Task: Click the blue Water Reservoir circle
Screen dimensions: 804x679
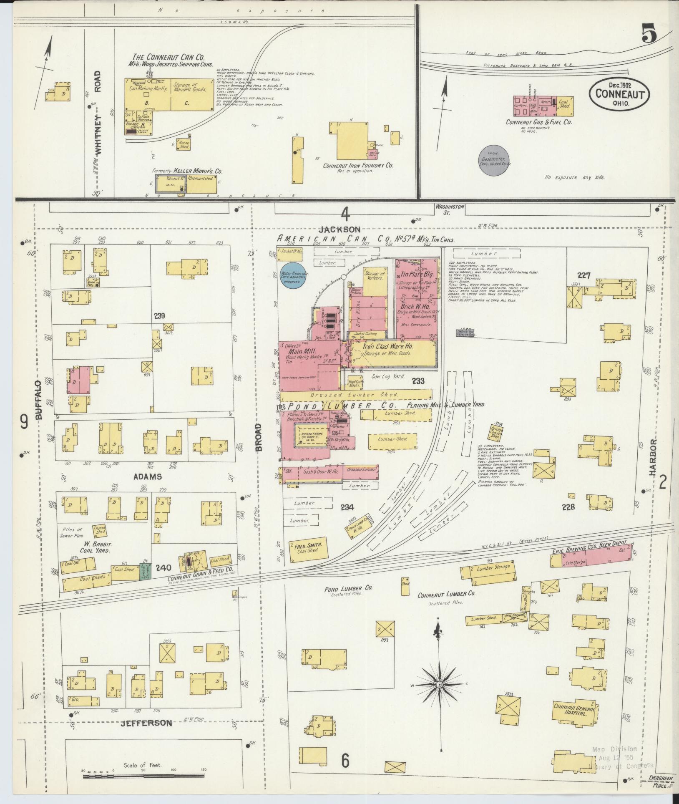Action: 293,275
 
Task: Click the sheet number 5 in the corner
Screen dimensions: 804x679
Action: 649,33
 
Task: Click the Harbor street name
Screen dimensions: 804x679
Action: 653,458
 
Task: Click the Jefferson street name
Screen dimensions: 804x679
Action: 146,723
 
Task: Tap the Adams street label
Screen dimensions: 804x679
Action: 147,476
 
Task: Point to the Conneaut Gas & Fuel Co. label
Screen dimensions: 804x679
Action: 539,122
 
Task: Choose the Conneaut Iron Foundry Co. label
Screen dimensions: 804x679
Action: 358,165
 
